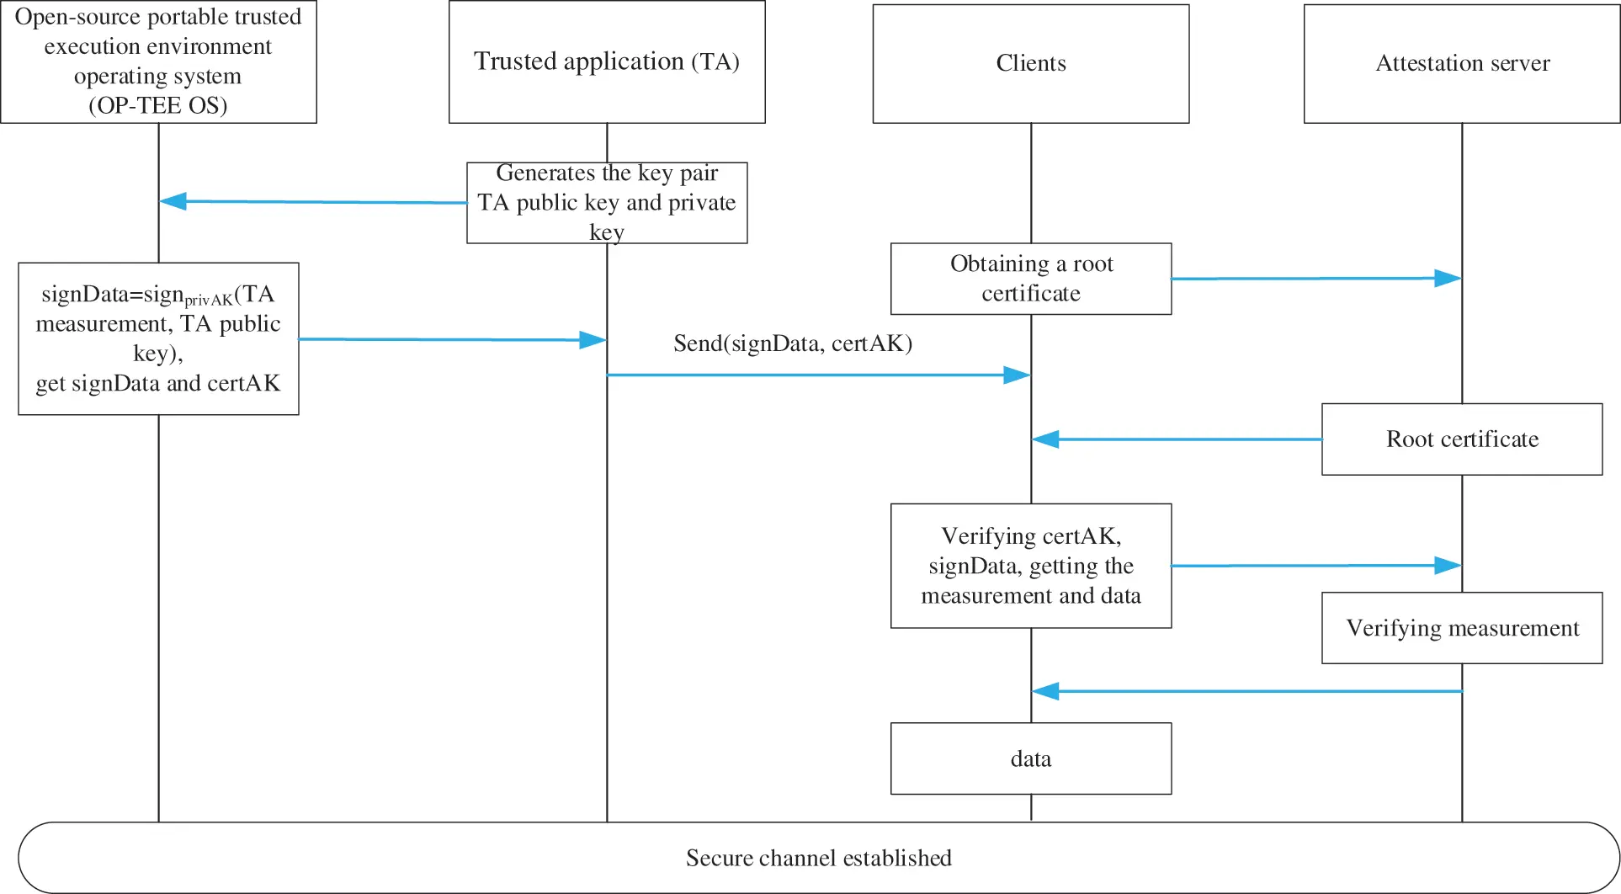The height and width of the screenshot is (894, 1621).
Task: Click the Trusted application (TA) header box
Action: pos(606,62)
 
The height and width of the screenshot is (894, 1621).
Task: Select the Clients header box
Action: pos(1030,64)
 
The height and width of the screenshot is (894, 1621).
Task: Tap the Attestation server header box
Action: pos(1461,64)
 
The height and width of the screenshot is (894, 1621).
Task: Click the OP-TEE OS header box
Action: pos(158,62)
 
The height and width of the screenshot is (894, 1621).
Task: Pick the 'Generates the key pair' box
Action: pos(606,203)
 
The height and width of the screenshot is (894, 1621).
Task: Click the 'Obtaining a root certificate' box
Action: pos(1030,279)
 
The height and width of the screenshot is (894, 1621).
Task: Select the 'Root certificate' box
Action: pos(1461,439)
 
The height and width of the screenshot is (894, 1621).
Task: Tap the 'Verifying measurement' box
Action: pos(1461,628)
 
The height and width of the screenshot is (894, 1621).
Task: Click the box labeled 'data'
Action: pos(1030,758)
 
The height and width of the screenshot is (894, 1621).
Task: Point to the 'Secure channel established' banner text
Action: pos(818,858)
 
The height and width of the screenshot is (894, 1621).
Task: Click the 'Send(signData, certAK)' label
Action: pos(792,343)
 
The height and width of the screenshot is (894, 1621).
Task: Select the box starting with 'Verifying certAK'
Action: pos(1030,566)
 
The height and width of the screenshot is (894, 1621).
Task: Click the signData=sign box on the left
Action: pos(158,338)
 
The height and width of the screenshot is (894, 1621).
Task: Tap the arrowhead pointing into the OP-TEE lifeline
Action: pos(173,201)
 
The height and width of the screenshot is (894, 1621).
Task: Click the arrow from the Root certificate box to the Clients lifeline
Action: pos(1178,439)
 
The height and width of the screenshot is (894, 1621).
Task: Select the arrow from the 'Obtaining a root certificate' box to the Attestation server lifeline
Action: pos(1313,279)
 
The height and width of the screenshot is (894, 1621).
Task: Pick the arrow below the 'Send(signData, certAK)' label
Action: pos(816,375)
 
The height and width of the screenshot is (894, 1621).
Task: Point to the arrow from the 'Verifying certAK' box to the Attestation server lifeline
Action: pos(1313,566)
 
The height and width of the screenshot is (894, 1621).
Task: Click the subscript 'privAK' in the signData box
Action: pos(209,301)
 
